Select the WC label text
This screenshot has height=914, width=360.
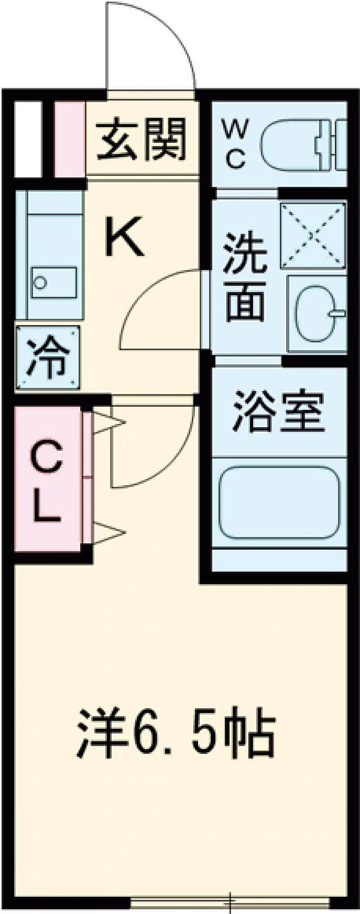[x=235, y=144]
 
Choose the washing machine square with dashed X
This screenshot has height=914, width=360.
[x=313, y=234]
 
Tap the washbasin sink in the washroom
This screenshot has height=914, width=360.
[x=316, y=313]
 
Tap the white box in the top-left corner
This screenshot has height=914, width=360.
[x=27, y=139]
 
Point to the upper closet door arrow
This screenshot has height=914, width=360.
[x=109, y=422]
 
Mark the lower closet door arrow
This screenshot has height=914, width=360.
[x=109, y=533]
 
